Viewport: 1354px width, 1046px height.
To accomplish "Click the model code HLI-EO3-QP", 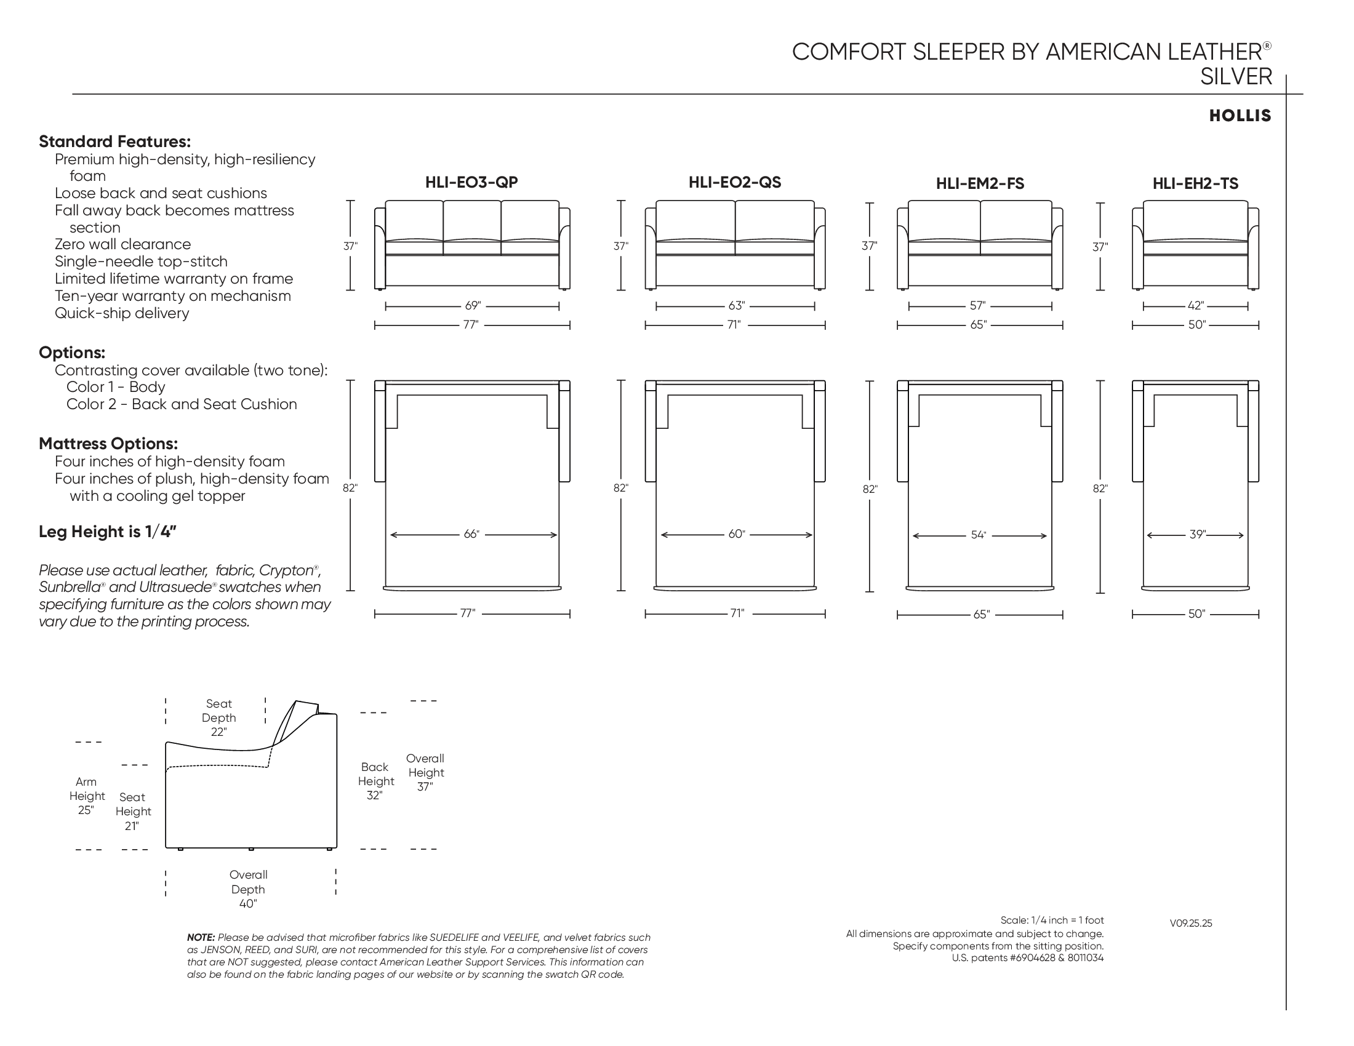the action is (471, 182).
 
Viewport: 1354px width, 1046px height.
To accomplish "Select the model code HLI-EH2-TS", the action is (1195, 183).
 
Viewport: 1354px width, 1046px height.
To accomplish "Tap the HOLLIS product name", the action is (1240, 116).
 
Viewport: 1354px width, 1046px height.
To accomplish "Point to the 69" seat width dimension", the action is (473, 306).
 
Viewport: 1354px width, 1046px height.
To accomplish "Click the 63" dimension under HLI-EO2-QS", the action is (737, 306).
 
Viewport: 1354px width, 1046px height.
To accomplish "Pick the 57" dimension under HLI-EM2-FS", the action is (978, 306).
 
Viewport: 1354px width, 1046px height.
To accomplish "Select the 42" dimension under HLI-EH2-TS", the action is (1196, 306).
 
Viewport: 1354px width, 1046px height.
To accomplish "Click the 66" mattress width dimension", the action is (472, 534).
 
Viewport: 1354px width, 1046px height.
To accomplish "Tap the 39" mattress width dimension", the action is (1197, 534).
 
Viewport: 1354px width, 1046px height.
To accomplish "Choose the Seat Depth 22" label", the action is (219, 717).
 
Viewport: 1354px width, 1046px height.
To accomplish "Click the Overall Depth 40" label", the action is (248, 889).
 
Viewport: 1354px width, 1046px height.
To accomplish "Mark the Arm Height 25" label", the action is (87, 796).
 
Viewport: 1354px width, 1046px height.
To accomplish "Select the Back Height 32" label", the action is (375, 781).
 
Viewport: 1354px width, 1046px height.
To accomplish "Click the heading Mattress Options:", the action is (108, 444).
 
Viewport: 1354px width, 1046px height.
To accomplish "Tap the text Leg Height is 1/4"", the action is (108, 532).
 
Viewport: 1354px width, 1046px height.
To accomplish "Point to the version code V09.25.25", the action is (1191, 924).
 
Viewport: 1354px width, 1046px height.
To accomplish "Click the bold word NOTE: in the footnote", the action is (201, 938).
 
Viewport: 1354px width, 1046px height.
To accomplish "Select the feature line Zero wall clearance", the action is (122, 244).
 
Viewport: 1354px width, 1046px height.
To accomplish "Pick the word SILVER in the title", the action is (1236, 77).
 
